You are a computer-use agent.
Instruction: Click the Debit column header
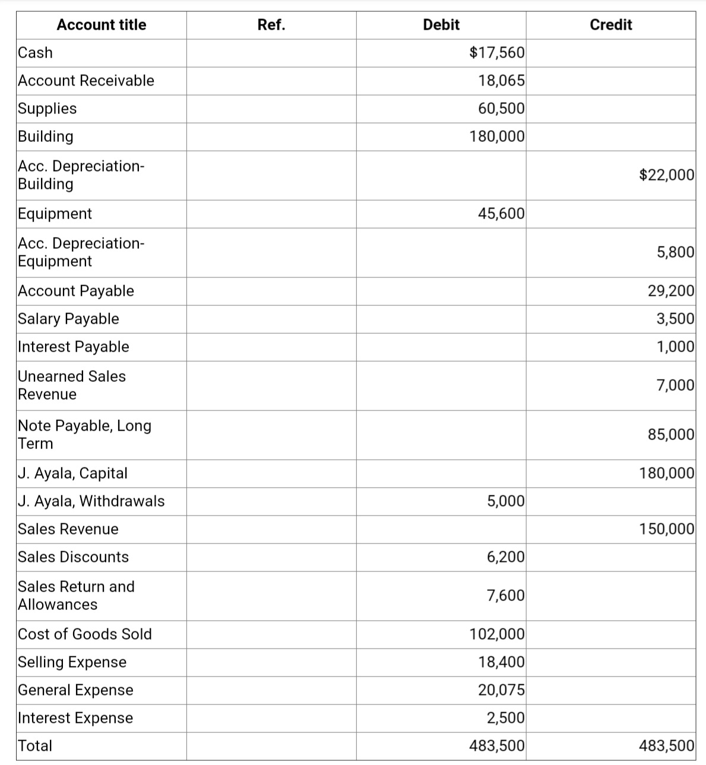441,25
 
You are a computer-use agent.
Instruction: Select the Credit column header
610,25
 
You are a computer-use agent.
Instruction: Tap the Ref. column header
271,25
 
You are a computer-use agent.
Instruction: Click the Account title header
101,25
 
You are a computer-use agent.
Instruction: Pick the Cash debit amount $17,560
497,53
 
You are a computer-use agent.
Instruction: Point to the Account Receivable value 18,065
501,81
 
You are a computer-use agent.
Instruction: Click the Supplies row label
48,109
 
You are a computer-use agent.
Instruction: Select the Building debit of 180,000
497,137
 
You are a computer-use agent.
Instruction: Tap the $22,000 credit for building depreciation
666,175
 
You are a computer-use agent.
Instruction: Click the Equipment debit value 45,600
501,214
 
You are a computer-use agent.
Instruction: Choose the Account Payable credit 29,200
670,291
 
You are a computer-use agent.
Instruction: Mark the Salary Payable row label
68,319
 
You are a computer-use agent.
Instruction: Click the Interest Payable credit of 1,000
675,347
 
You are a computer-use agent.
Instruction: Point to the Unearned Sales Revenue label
71,385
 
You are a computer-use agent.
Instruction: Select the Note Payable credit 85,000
670,434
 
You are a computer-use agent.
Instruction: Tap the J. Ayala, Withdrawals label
91,501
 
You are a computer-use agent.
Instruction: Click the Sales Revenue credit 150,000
666,529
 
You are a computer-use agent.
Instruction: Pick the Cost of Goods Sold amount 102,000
497,634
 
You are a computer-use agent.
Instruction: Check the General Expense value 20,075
501,690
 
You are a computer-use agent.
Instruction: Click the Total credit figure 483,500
666,746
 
